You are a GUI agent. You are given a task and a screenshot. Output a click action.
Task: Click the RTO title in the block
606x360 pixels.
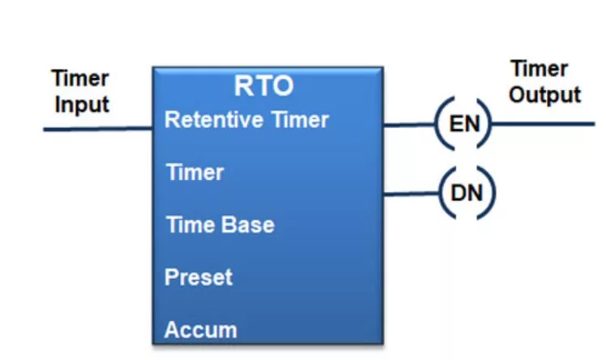coord(264,86)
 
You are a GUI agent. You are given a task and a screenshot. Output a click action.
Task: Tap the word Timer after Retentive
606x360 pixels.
coord(301,119)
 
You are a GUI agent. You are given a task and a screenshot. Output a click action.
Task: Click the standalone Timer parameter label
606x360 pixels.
coord(194,172)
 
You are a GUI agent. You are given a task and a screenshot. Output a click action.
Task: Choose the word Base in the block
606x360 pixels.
coord(248,225)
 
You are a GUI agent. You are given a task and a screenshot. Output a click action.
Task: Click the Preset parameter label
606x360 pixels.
coord(198,276)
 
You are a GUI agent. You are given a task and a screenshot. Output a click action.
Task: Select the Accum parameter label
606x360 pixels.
coord(201,330)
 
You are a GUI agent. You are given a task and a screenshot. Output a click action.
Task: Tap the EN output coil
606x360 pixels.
coord(463,124)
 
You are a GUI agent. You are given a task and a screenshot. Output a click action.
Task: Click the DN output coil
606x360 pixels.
coord(467,192)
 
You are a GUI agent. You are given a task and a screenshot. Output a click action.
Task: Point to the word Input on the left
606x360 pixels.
coord(82,105)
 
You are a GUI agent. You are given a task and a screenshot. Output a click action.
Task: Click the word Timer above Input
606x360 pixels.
coord(80,79)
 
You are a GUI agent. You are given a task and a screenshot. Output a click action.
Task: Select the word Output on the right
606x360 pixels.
coord(545,95)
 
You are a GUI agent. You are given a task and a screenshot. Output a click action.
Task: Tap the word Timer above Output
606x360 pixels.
coord(539,69)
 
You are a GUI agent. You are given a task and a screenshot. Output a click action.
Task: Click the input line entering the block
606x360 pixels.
coord(98,129)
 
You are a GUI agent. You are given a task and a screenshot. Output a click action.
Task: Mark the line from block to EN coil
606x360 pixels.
coord(410,125)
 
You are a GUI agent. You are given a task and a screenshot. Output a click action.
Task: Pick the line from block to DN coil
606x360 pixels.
coord(412,193)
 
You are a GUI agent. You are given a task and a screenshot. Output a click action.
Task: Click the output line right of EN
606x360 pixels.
coord(543,124)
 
